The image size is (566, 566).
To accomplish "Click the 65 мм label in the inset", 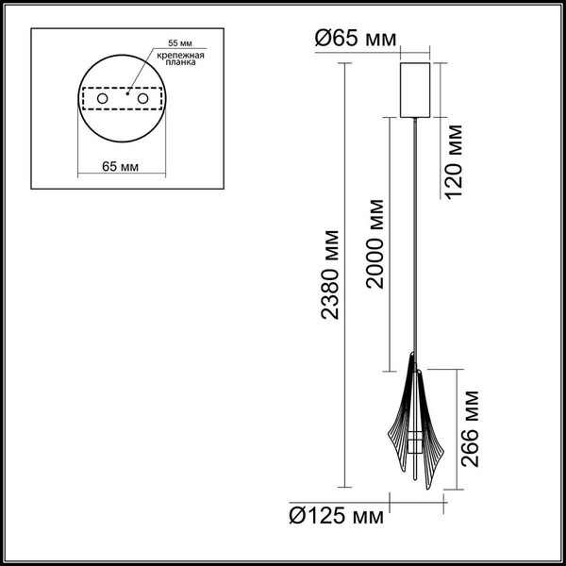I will [120, 167].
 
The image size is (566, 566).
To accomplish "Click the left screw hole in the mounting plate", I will [102, 99].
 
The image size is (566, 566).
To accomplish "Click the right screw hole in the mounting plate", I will [143, 99].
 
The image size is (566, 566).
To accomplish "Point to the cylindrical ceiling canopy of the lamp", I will [415, 90].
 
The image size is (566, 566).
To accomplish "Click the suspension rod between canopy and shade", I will [415, 236].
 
